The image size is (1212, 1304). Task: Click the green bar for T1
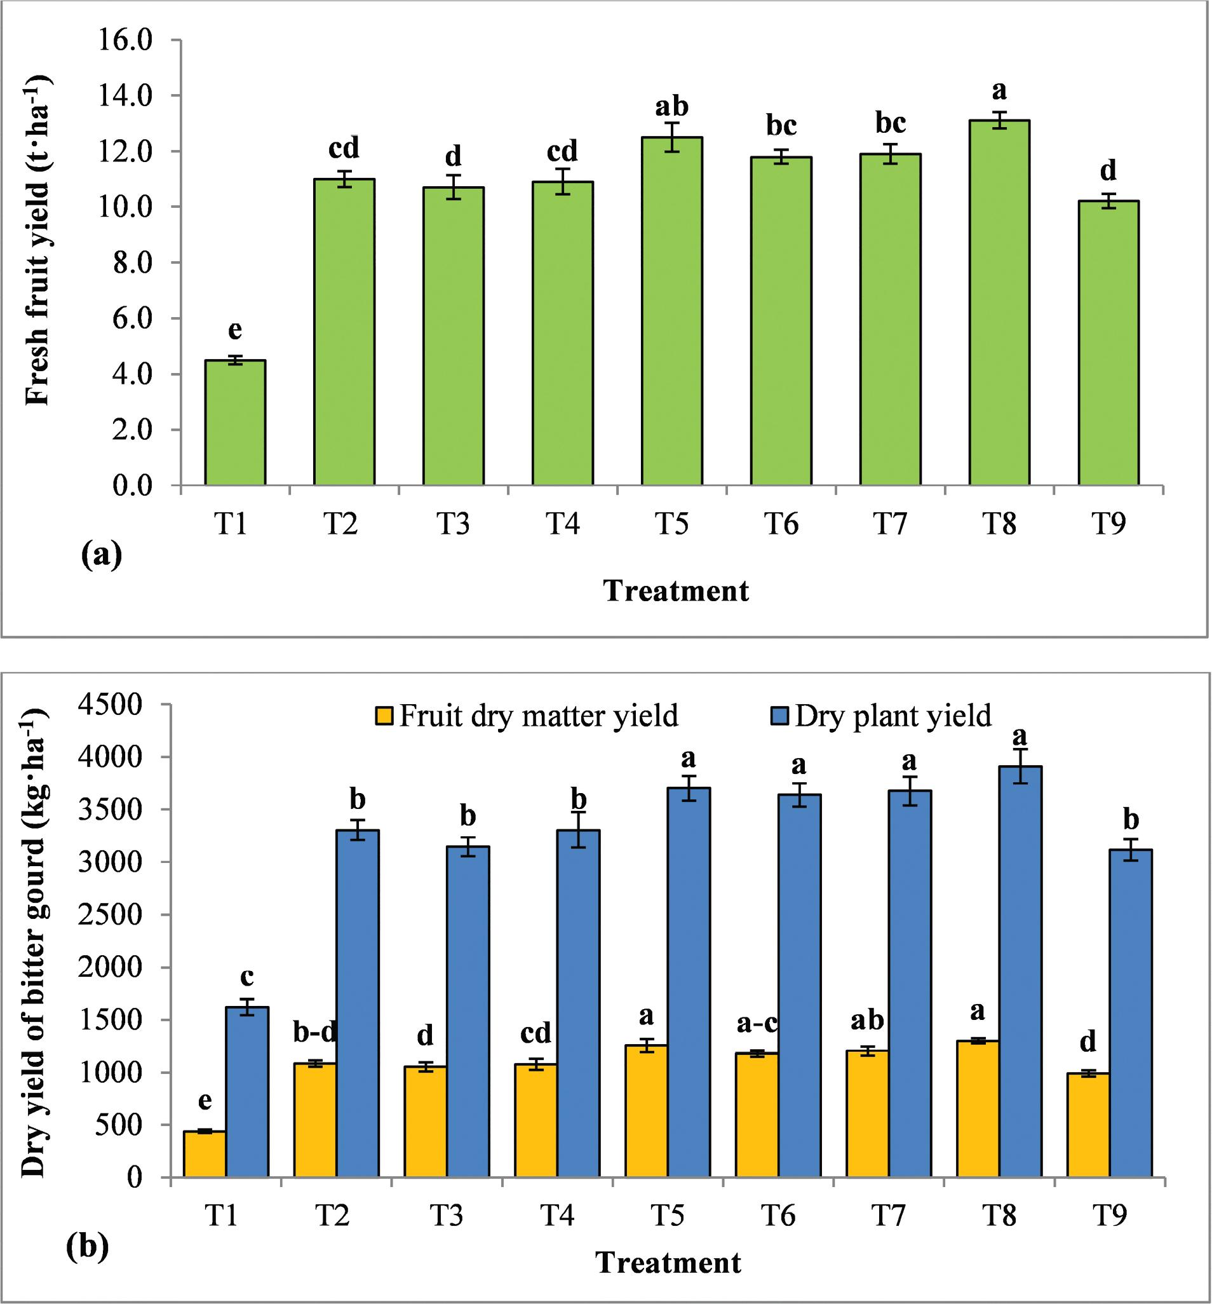[235, 423]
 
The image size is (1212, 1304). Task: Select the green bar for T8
[999, 302]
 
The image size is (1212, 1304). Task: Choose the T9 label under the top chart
[1108, 525]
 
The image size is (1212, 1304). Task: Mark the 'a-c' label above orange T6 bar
[756, 1022]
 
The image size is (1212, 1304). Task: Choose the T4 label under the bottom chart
[558, 1216]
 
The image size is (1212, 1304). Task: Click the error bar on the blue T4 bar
[578, 831]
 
